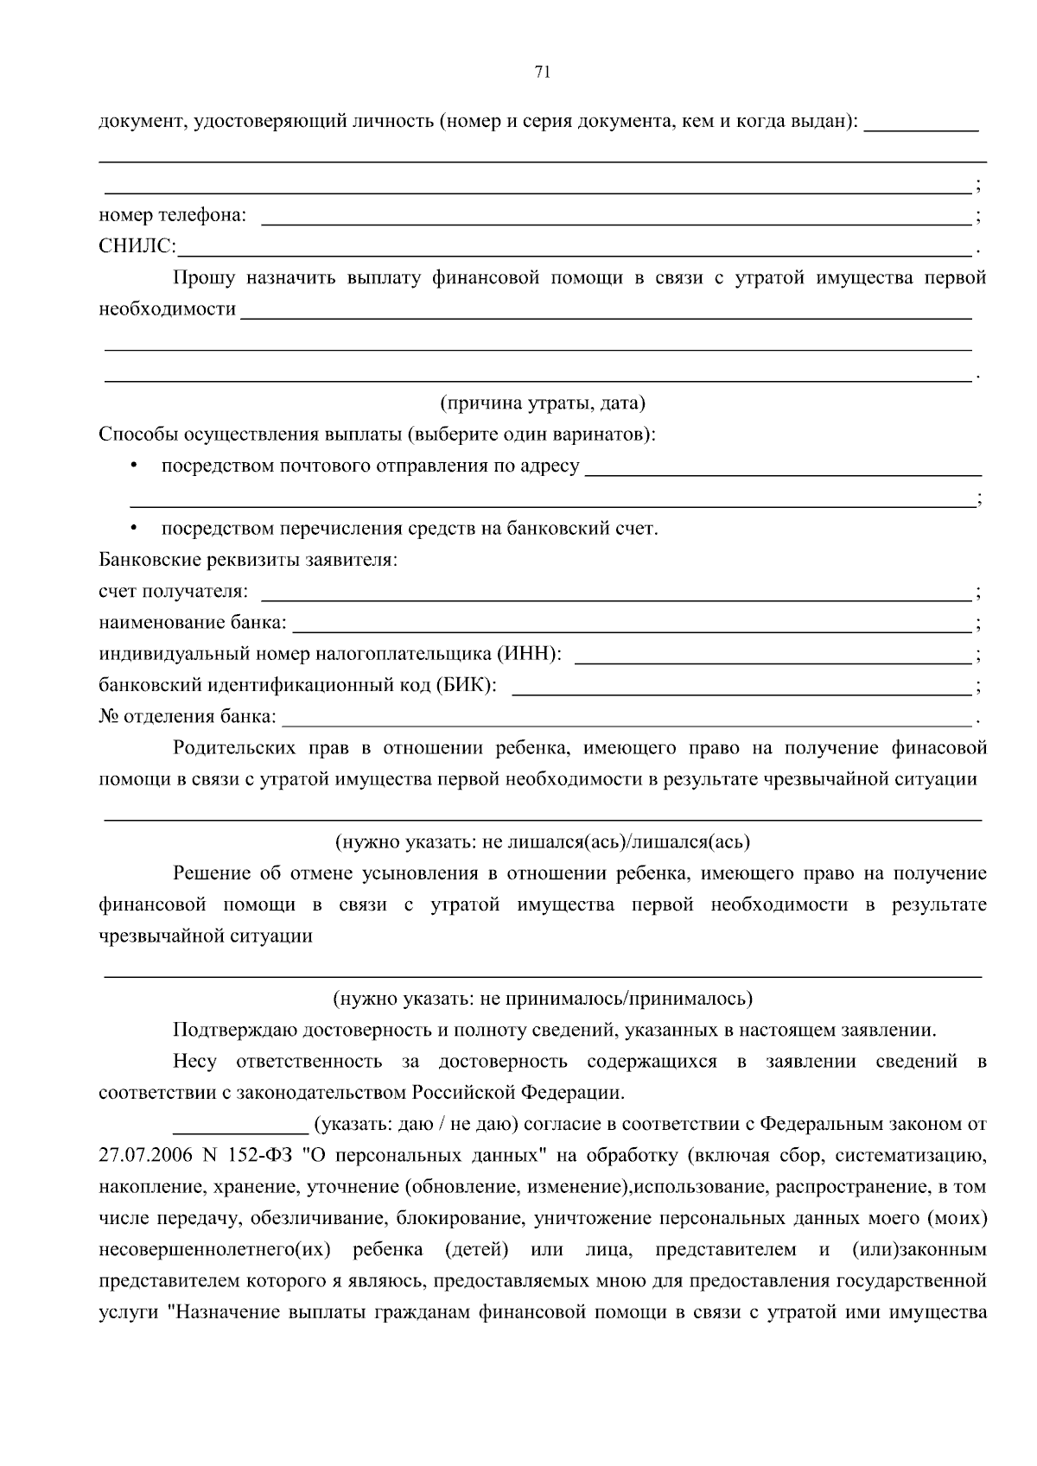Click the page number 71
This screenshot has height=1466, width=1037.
click(x=543, y=73)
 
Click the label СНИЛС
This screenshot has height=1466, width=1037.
click(x=137, y=248)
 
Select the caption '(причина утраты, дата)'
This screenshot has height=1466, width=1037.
click(x=542, y=403)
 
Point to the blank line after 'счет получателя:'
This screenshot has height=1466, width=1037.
click(x=615, y=598)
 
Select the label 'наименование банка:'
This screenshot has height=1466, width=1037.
click(x=193, y=623)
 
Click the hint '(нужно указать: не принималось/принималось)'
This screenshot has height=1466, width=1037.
click(x=543, y=1000)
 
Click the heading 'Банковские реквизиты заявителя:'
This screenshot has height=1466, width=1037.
click(x=248, y=560)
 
